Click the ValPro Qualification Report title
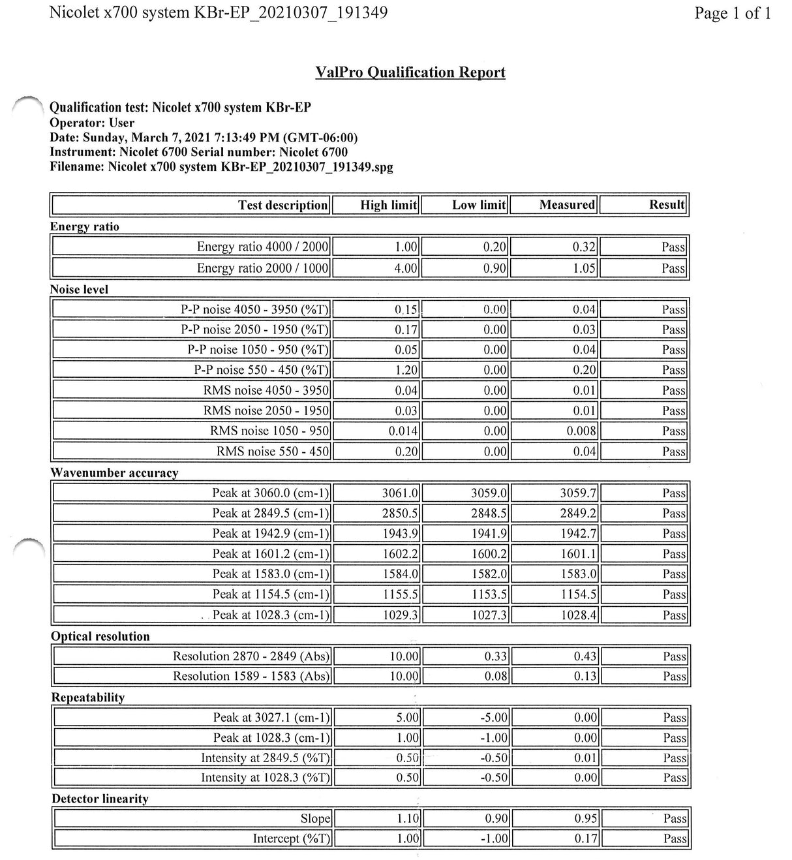point(410,72)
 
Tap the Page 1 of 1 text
point(733,13)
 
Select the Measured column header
point(566,205)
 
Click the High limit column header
point(388,205)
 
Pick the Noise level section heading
point(79,289)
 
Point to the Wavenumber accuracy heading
point(114,472)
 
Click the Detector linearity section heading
point(100,799)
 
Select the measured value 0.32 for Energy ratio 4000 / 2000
point(584,247)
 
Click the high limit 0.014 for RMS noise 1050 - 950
point(403,431)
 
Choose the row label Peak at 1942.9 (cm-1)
point(271,534)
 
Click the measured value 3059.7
point(578,493)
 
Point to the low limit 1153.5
point(489,594)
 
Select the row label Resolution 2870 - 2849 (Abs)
point(251,656)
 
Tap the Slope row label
point(316,818)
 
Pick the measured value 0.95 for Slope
point(586,818)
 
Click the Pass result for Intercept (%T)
point(675,838)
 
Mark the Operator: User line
point(92,123)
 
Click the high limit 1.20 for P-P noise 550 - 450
point(406,370)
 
